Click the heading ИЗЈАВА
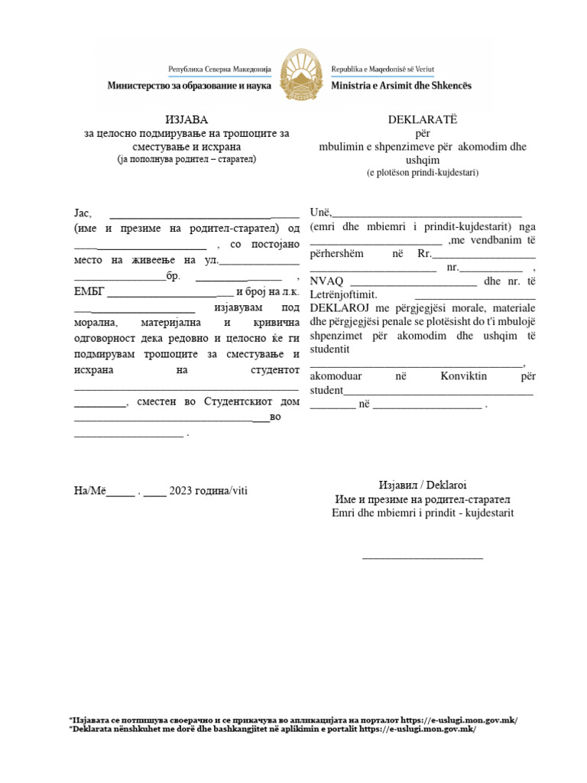click(x=186, y=119)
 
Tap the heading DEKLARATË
click(x=423, y=119)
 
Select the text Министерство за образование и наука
click(x=190, y=86)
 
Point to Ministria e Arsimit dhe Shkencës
click(x=401, y=86)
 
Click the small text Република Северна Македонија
click(x=215, y=69)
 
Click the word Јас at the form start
click(x=83, y=213)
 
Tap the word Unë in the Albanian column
click(x=319, y=213)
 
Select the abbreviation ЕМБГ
click(x=89, y=292)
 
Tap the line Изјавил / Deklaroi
click(x=423, y=486)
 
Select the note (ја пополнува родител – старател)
click(x=186, y=160)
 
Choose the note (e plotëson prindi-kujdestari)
click(x=423, y=173)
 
